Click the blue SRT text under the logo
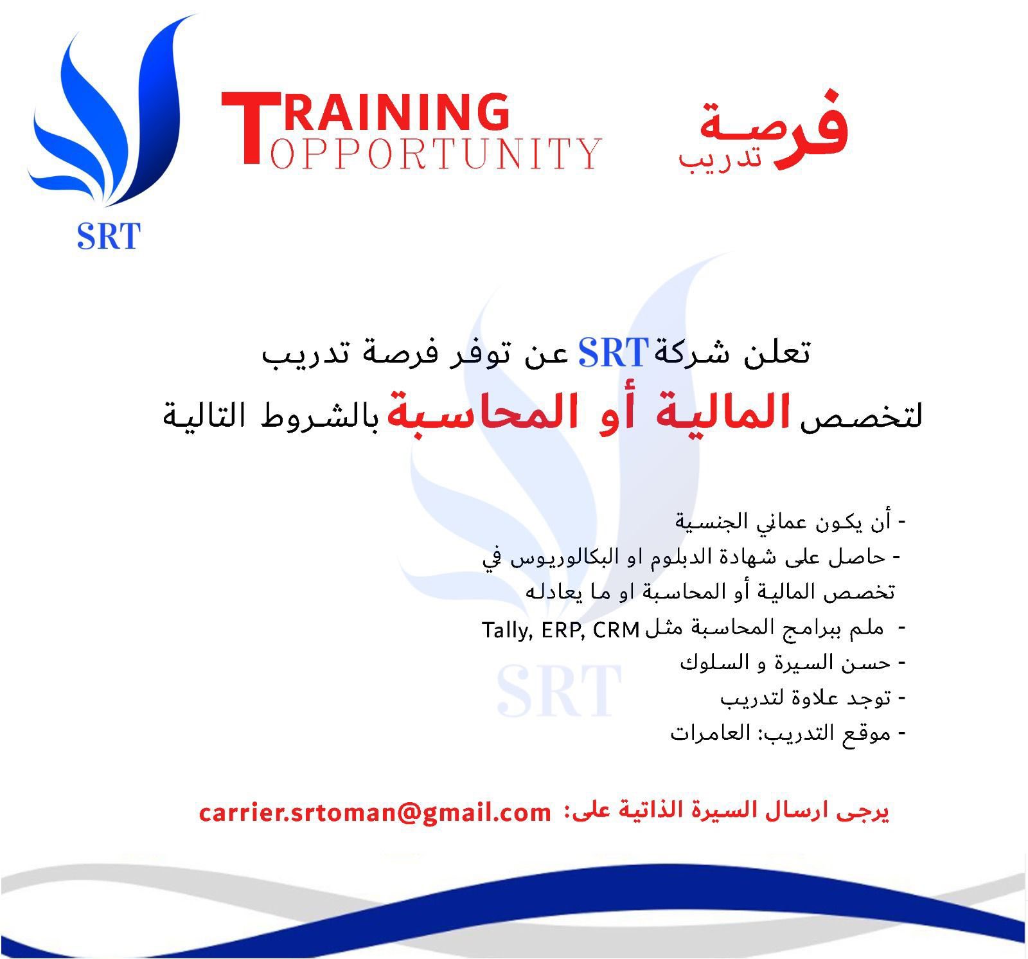[109, 236]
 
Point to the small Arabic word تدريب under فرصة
[720, 157]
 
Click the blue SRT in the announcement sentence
[613, 353]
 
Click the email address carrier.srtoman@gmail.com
[375, 812]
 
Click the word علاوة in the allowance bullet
[815, 697]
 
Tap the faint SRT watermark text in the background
[559, 691]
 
